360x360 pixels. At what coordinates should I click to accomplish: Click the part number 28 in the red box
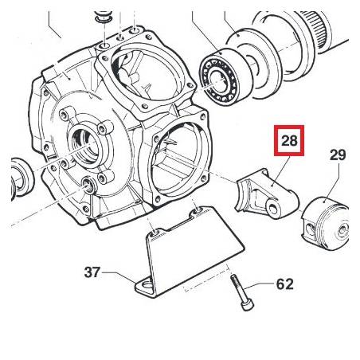pyautogui.click(x=289, y=140)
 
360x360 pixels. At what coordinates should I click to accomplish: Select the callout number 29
pyautogui.click(x=338, y=155)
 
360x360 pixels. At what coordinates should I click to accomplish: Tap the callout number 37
pyautogui.click(x=92, y=272)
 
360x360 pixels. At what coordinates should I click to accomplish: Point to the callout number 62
pyautogui.click(x=285, y=284)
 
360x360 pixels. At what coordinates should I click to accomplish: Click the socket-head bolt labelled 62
pyautogui.click(x=241, y=292)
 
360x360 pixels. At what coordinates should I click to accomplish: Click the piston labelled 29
pyautogui.click(x=325, y=223)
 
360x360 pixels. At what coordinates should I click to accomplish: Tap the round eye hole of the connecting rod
pyautogui.click(x=273, y=207)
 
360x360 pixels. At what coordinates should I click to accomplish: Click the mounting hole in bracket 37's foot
pyautogui.click(x=147, y=286)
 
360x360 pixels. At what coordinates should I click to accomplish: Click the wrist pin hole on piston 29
pyautogui.click(x=309, y=229)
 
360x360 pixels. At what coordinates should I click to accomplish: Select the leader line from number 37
pyautogui.click(x=119, y=276)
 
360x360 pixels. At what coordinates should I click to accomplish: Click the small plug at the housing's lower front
pyautogui.click(x=88, y=185)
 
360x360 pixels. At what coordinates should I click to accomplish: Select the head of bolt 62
pyautogui.click(x=248, y=305)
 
